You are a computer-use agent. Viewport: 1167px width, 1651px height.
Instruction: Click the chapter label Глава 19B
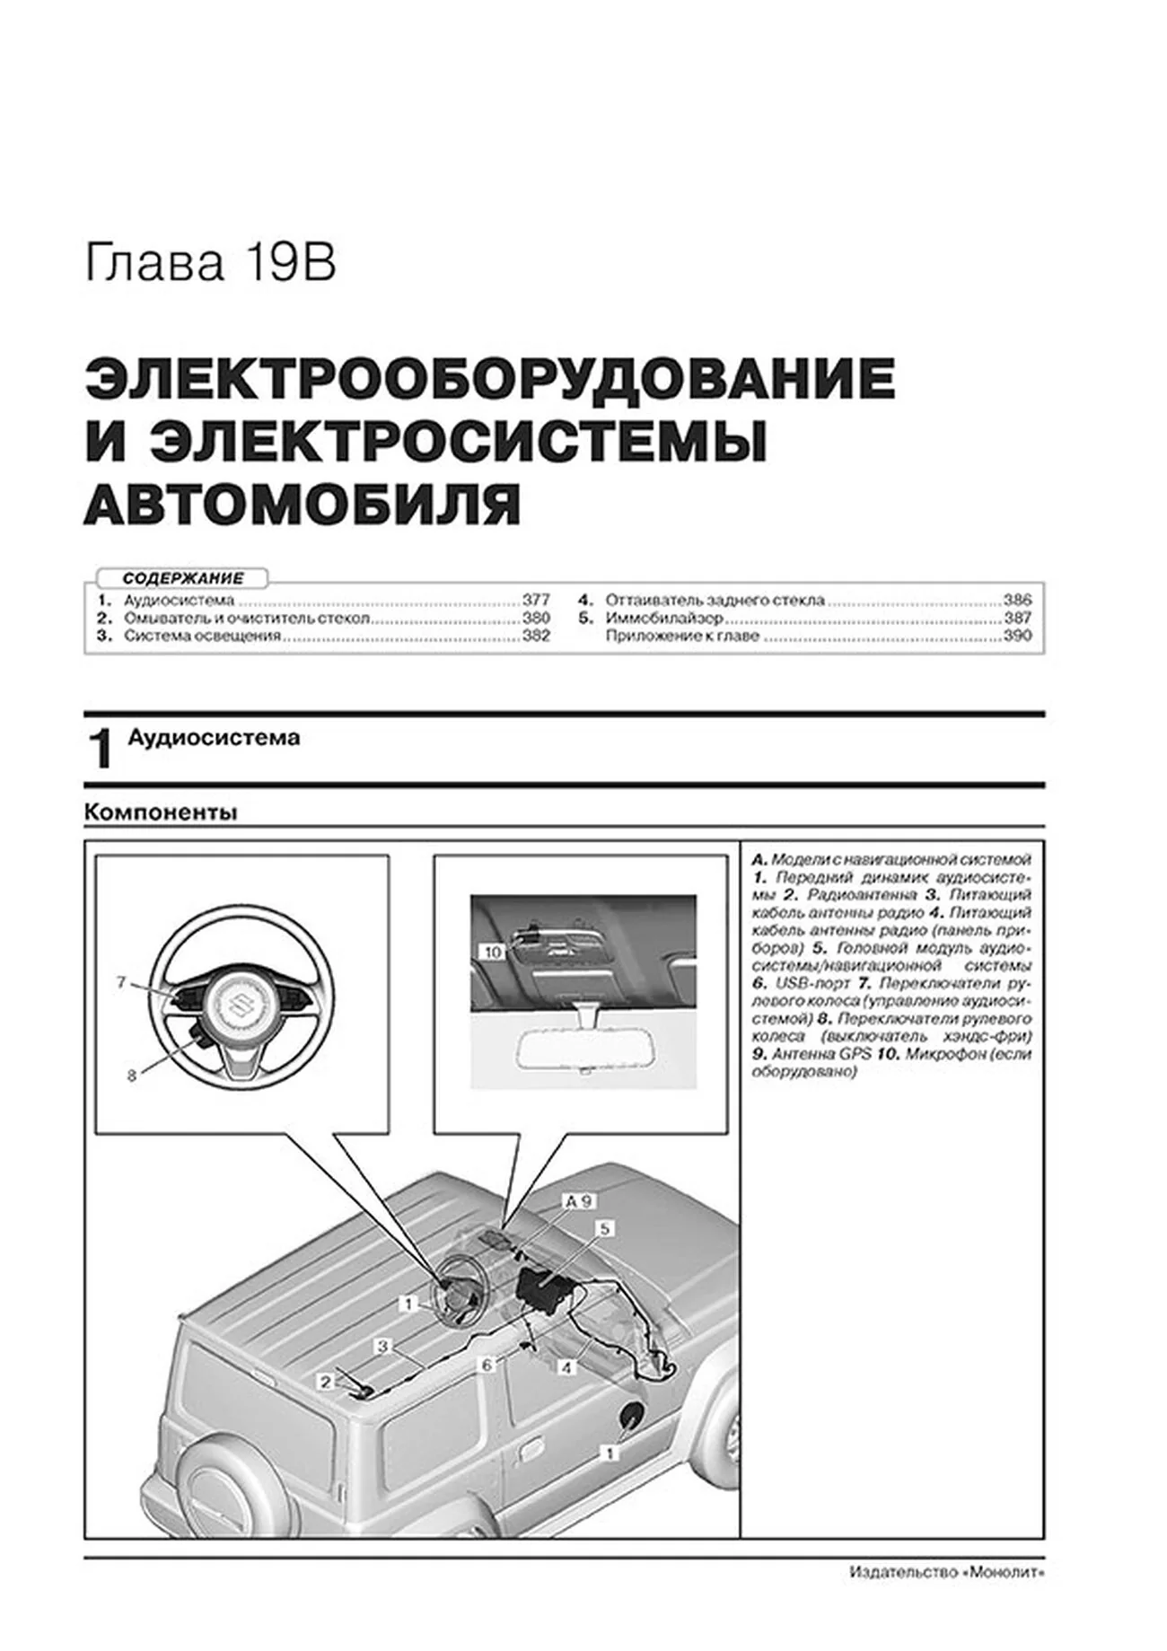(210, 265)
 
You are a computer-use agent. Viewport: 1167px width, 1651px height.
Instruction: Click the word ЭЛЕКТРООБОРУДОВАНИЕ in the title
(489, 379)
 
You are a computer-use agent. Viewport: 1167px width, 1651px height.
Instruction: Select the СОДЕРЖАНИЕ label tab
(183, 579)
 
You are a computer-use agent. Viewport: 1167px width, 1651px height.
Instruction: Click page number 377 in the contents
(536, 600)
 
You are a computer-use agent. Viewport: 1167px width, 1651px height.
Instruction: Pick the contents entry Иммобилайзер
(664, 619)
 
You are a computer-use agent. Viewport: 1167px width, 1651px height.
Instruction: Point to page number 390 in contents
(1017, 636)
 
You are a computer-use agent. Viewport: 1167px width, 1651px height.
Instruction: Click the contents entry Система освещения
(202, 636)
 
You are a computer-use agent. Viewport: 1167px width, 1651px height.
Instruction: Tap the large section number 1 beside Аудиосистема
(101, 750)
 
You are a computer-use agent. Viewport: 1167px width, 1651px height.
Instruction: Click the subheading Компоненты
(161, 812)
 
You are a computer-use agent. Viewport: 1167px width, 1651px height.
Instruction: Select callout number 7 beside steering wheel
(122, 982)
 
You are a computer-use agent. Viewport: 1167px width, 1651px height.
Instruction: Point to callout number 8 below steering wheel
(131, 1076)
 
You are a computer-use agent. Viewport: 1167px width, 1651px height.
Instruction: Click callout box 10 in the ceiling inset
(492, 952)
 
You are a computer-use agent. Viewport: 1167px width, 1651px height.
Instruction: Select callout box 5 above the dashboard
(605, 1227)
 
